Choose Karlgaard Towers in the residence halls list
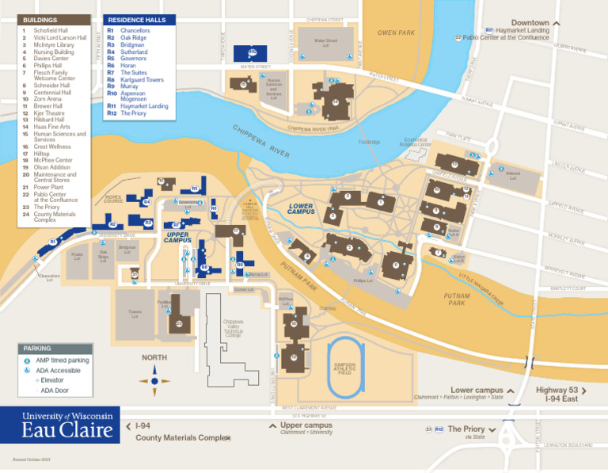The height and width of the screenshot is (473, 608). click(142, 80)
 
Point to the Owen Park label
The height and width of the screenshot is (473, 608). click(397, 32)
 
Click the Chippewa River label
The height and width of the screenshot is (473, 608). click(262, 140)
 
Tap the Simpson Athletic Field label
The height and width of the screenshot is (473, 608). click(344, 368)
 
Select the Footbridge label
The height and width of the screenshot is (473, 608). click(369, 142)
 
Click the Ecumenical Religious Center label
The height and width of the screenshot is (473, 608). click(416, 143)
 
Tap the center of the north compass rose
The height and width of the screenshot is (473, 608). click(154, 380)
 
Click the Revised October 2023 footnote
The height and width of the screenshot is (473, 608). click(32, 460)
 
